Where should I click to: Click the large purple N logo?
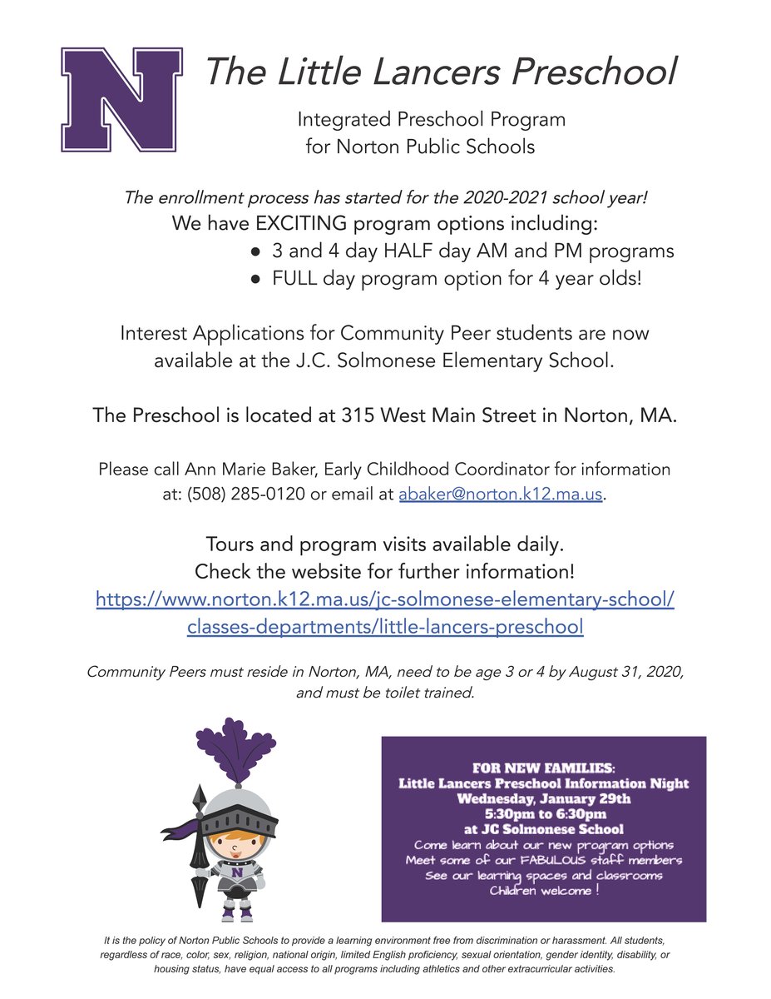(x=121, y=100)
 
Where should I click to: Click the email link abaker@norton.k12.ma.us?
(x=500, y=493)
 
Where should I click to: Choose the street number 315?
(x=358, y=416)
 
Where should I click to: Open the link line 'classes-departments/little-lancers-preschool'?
(x=385, y=626)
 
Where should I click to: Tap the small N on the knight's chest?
(x=238, y=873)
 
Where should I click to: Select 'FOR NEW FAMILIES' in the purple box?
(x=542, y=768)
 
